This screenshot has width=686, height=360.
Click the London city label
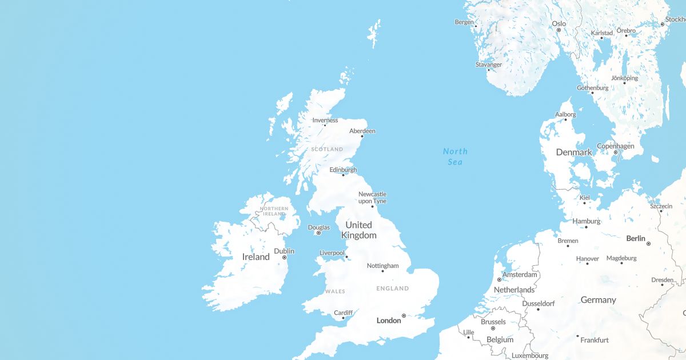pos(389,321)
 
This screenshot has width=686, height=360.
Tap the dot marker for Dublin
pos(284,258)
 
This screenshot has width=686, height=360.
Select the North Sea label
pos(455,157)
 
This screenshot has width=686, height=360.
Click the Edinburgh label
pos(343,170)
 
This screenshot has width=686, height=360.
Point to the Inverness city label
pos(325,120)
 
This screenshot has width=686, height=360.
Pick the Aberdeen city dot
pos(362,136)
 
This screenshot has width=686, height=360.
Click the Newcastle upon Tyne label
pos(372,198)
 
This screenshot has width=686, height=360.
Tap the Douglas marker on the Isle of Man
pos(318,233)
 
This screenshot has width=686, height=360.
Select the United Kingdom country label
pos(358,230)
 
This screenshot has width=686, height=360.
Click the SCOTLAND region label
pos(327,149)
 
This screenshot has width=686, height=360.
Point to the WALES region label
pos(335,291)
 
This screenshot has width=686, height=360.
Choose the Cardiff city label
pos(343,313)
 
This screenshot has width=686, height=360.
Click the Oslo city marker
pos(559,30)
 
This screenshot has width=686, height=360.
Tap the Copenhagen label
pos(616,146)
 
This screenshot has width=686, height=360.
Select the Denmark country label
pos(574,153)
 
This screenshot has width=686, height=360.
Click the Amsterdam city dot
pos(499,279)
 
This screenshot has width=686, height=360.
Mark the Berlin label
pos(636,238)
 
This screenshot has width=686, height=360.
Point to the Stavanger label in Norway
pos(488,65)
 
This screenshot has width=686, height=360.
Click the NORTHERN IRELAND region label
pos(274,211)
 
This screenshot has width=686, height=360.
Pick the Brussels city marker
pos(493,329)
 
